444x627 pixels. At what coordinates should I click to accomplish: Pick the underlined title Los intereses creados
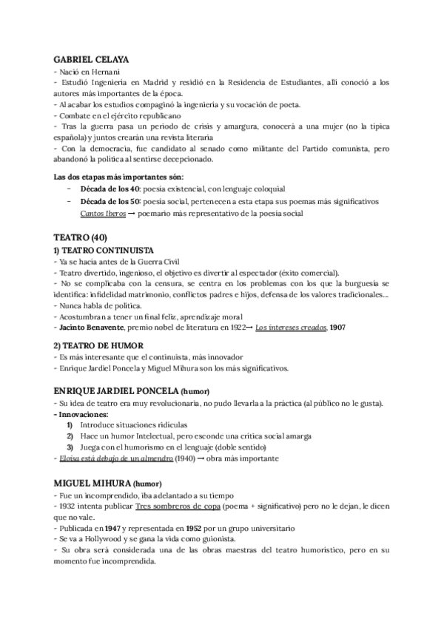(286, 327)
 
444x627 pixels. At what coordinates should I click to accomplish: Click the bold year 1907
(338, 327)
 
